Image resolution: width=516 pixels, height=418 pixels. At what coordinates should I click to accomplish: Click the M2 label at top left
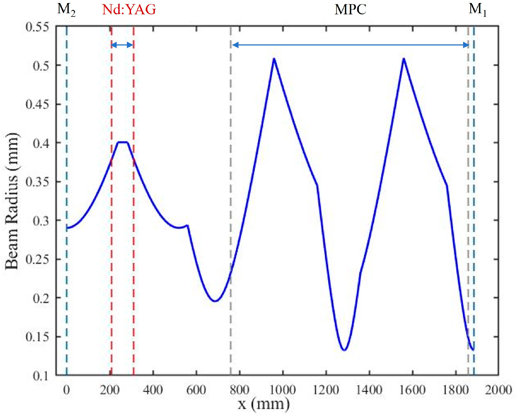click(66, 10)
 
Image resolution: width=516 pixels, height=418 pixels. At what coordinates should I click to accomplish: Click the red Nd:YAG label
click(129, 10)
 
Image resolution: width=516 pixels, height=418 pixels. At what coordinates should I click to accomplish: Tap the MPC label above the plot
click(350, 10)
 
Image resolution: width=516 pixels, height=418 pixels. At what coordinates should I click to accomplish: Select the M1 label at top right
click(477, 10)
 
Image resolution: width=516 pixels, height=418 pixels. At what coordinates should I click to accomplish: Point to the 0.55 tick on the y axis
click(37, 27)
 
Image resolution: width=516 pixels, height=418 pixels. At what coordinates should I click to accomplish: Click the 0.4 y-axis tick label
click(41, 143)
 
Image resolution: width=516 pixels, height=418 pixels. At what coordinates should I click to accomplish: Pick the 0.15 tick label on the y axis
click(37, 337)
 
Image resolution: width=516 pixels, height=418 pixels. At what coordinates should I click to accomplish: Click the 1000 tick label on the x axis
click(283, 390)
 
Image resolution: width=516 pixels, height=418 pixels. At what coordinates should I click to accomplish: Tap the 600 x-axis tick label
click(196, 390)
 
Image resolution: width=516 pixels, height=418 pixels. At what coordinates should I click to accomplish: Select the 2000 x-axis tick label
click(498, 390)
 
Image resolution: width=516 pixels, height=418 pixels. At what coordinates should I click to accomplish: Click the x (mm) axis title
click(264, 404)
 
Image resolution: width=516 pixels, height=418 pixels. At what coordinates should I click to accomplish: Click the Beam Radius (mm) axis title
click(12, 201)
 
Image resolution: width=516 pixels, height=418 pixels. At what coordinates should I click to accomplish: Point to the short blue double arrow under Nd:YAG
click(122, 45)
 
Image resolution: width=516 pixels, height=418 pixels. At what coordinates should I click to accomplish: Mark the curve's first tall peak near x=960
click(274, 59)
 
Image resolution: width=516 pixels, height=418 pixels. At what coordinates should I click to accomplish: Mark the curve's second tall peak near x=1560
click(403, 59)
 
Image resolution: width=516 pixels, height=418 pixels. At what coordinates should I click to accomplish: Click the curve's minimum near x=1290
click(344, 350)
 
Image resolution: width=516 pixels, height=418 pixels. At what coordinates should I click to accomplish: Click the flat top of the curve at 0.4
click(123, 142)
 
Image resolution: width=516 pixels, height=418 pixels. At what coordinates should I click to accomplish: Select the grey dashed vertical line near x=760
click(231, 193)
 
